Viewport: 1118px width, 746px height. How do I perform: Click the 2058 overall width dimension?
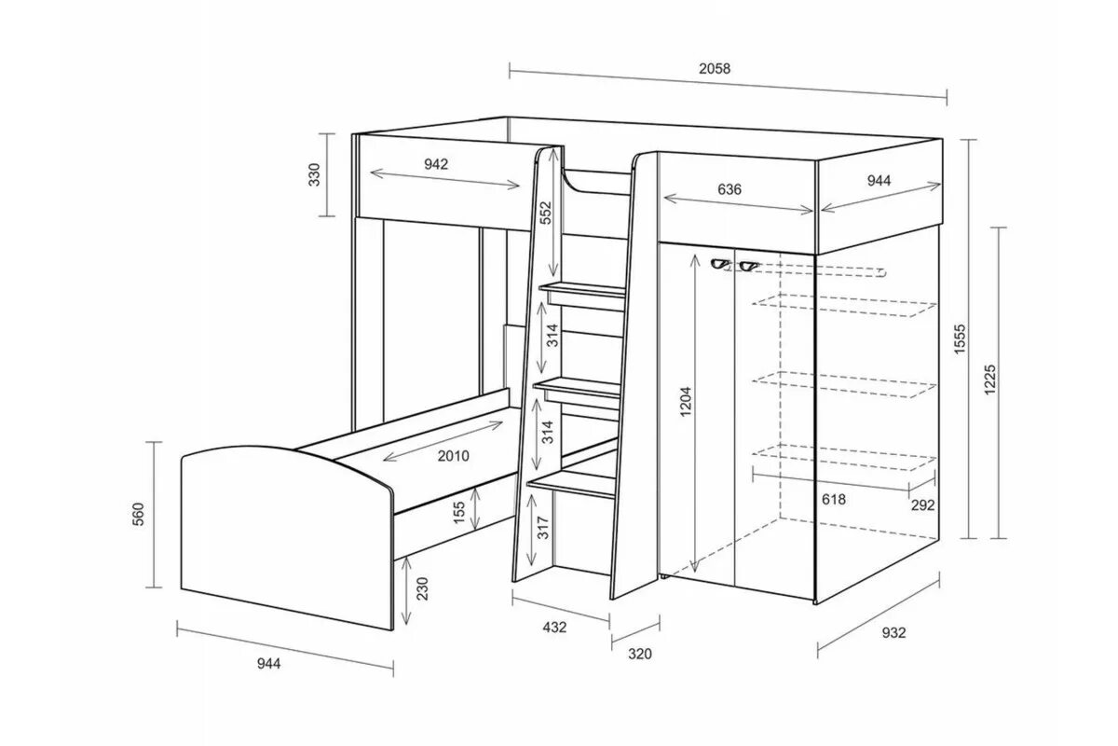point(715,68)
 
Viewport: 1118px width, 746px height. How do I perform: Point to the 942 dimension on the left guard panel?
point(436,164)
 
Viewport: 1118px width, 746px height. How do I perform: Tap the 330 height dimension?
point(314,174)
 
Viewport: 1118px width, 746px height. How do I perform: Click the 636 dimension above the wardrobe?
point(729,189)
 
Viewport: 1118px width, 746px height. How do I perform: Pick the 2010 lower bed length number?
point(451,456)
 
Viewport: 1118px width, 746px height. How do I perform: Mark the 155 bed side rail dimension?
point(458,512)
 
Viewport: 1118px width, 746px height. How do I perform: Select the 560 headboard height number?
point(137,514)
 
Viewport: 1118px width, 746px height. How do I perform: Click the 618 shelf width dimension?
point(835,500)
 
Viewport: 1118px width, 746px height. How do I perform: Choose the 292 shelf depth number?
point(922,504)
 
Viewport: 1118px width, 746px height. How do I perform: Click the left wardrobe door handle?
point(718,264)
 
